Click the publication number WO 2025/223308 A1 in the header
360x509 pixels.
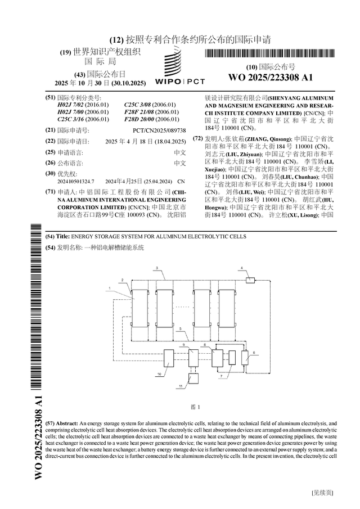click(270, 77)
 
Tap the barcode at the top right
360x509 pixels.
click(270, 54)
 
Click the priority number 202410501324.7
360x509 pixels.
click(76, 182)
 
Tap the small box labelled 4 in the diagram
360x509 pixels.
click(250, 279)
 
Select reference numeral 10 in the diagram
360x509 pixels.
click(159, 373)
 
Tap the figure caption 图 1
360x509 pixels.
click(196, 407)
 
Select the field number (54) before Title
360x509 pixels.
click(50, 237)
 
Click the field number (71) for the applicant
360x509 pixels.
click(50, 192)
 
